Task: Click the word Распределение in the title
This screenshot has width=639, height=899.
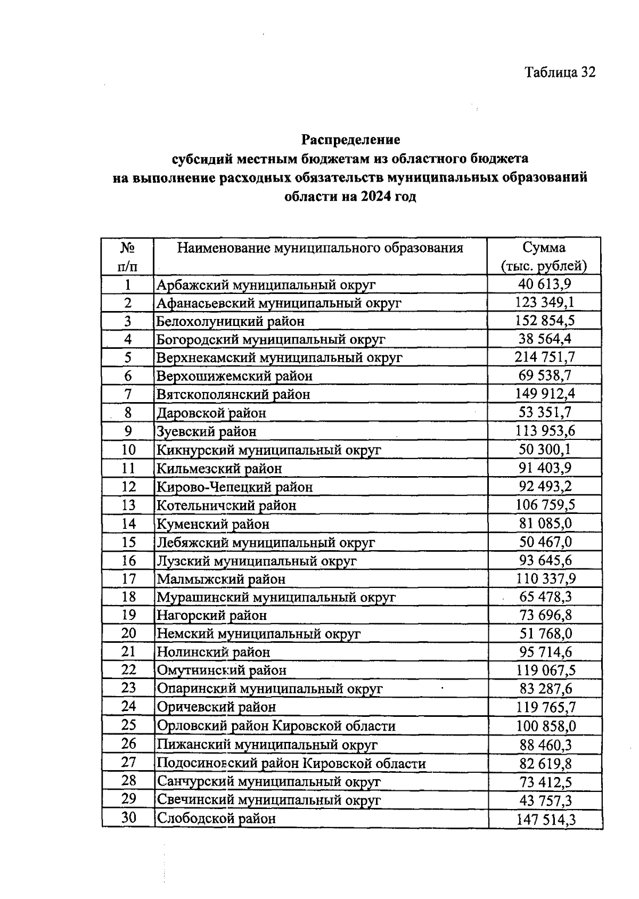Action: click(350, 140)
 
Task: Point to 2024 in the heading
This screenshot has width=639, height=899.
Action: click(375, 197)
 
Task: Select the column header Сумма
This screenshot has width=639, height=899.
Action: click(544, 248)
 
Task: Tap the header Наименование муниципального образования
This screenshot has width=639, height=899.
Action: click(319, 248)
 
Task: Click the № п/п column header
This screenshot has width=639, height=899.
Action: click(127, 256)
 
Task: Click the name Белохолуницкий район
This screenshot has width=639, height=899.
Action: click(230, 321)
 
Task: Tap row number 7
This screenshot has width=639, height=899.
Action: click(128, 394)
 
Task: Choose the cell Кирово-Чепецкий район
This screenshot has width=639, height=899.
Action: click(234, 487)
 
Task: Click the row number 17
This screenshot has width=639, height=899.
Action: click(128, 578)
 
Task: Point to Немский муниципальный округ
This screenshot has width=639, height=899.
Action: click(258, 634)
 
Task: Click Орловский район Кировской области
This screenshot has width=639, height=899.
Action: click(276, 726)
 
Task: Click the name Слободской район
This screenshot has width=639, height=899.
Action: click(216, 819)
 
